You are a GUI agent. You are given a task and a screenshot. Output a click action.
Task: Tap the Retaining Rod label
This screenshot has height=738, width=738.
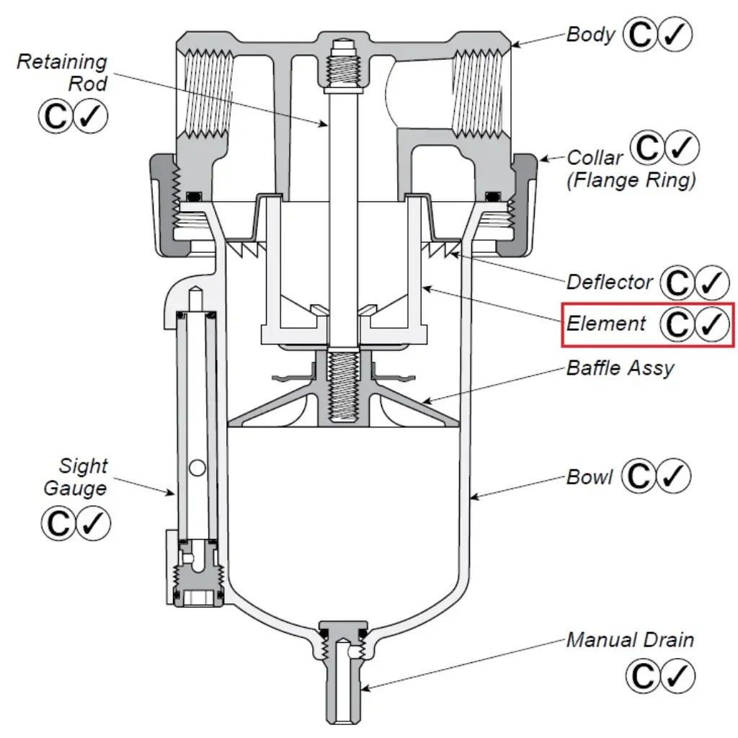tap(62, 72)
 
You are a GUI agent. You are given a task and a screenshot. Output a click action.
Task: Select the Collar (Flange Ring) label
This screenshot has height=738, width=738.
tap(631, 169)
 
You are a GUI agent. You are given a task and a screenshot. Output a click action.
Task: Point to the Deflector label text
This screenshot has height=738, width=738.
tap(610, 282)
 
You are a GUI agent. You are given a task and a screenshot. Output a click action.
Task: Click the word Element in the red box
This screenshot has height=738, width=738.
tap(606, 324)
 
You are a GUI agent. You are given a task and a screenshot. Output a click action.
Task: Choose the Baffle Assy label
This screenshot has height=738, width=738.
tap(620, 368)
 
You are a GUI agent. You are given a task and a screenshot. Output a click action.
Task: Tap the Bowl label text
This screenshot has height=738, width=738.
tap(590, 477)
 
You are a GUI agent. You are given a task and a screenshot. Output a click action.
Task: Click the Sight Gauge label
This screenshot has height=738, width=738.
tap(74, 477)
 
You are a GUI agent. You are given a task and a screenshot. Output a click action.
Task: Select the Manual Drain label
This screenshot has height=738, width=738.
tap(630, 639)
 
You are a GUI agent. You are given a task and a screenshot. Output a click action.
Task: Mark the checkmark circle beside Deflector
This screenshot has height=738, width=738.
tap(713, 283)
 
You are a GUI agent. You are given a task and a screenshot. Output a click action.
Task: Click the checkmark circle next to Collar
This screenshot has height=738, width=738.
tap(681, 148)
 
